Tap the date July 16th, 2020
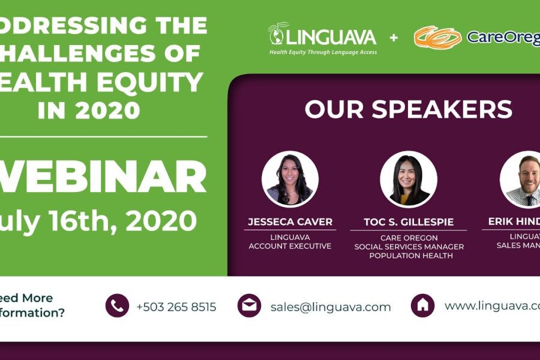[98, 221]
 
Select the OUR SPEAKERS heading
[408, 109]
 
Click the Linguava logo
[322, 37]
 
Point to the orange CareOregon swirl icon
[437, 37]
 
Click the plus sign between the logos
[394, 38]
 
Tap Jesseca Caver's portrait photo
[290, 179]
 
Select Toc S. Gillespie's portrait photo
[408, 179]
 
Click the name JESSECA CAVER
[290, 222]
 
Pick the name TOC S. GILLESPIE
[408, 222]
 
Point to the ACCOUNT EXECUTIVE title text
[290, 246]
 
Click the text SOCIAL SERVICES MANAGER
[409, 247]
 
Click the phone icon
[117, 305]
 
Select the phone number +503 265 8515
[176, 307]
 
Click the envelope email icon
[249, 305]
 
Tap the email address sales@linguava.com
[331, 307]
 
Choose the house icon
[422, 305]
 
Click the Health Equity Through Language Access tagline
[323, 52]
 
